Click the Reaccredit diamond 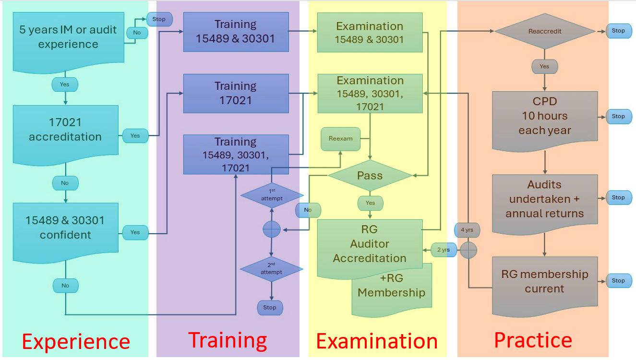544,31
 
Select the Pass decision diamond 370,175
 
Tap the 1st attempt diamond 272,195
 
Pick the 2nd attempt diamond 272,269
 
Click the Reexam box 340,138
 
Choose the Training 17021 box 236,93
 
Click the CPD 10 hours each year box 545,117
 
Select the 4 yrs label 467,230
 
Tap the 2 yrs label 444,250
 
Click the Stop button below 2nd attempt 270,307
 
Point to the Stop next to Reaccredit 618,31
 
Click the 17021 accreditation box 65,130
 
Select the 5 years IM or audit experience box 68,37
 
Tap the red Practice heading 533,340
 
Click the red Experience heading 76,342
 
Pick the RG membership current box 544,282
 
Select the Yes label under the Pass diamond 370,203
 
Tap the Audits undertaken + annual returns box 544,199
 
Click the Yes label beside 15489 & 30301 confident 135,232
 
